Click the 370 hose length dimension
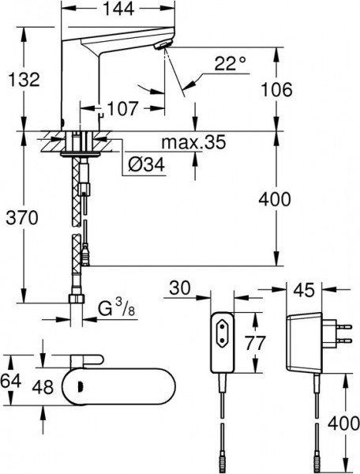(21, 219)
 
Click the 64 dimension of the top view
(10, 380)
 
